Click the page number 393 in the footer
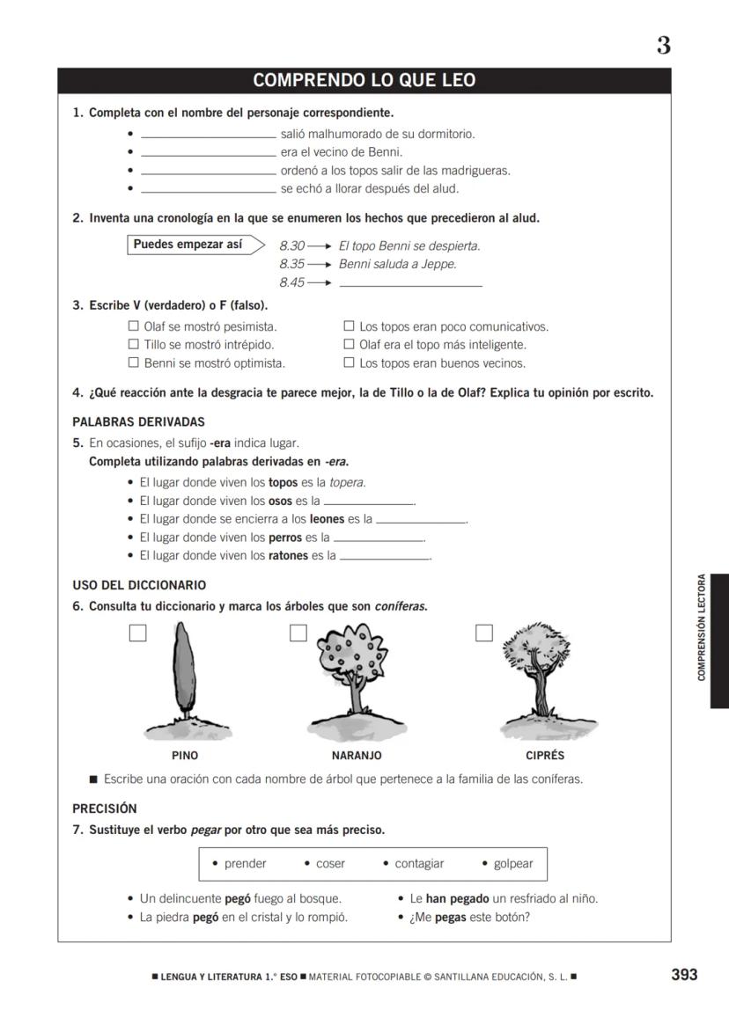683,974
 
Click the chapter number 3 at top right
663,46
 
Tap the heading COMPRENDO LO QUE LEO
364,81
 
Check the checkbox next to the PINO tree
137,633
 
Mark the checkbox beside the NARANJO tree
298,633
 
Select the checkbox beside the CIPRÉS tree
483,633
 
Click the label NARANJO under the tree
357,756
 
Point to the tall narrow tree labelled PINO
182,669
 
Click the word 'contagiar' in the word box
418,864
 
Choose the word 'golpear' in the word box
512,864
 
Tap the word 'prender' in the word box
245,864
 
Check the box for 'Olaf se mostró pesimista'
134,326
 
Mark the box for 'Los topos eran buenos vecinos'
349,362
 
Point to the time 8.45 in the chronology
291,282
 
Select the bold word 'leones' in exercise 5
327,519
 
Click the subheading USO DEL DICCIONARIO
139,585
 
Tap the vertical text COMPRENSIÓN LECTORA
702,627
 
